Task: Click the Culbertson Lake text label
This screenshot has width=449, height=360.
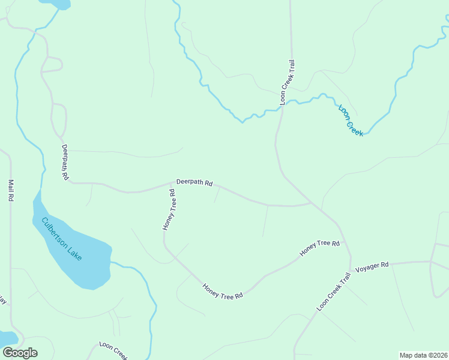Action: point(61,238)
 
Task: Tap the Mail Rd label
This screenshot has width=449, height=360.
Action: point(10,190)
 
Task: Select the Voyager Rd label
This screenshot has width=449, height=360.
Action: point(372,264)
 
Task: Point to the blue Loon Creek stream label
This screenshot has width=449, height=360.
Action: point(351,120)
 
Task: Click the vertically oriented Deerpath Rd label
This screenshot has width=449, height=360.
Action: point(65,162)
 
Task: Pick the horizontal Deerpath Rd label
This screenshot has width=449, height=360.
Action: point(194,182)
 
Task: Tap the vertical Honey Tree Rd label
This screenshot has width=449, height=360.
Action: point(169,209)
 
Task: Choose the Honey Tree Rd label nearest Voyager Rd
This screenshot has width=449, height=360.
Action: point(320,248)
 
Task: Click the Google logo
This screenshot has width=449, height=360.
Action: point(20,352)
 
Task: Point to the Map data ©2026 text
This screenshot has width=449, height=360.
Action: point(423,355)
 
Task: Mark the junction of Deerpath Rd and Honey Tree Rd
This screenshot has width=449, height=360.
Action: point(174,184)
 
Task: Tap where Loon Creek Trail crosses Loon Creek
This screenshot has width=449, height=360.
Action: point(283,106)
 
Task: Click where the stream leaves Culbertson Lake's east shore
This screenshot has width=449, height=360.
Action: point(111,262)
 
